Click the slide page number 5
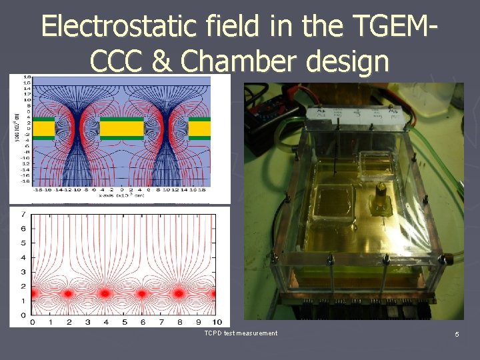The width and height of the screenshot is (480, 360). click(x=457, y=333)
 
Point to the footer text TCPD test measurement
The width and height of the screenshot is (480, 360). click(x=241, y=333)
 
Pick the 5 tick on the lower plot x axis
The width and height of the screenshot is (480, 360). click(x=123, y=322)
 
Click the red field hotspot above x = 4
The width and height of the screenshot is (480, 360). click(x=105, y=293)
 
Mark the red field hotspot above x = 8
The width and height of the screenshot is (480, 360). click(x=178, y=293)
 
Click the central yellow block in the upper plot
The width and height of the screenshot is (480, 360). click(x=121, y=128)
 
